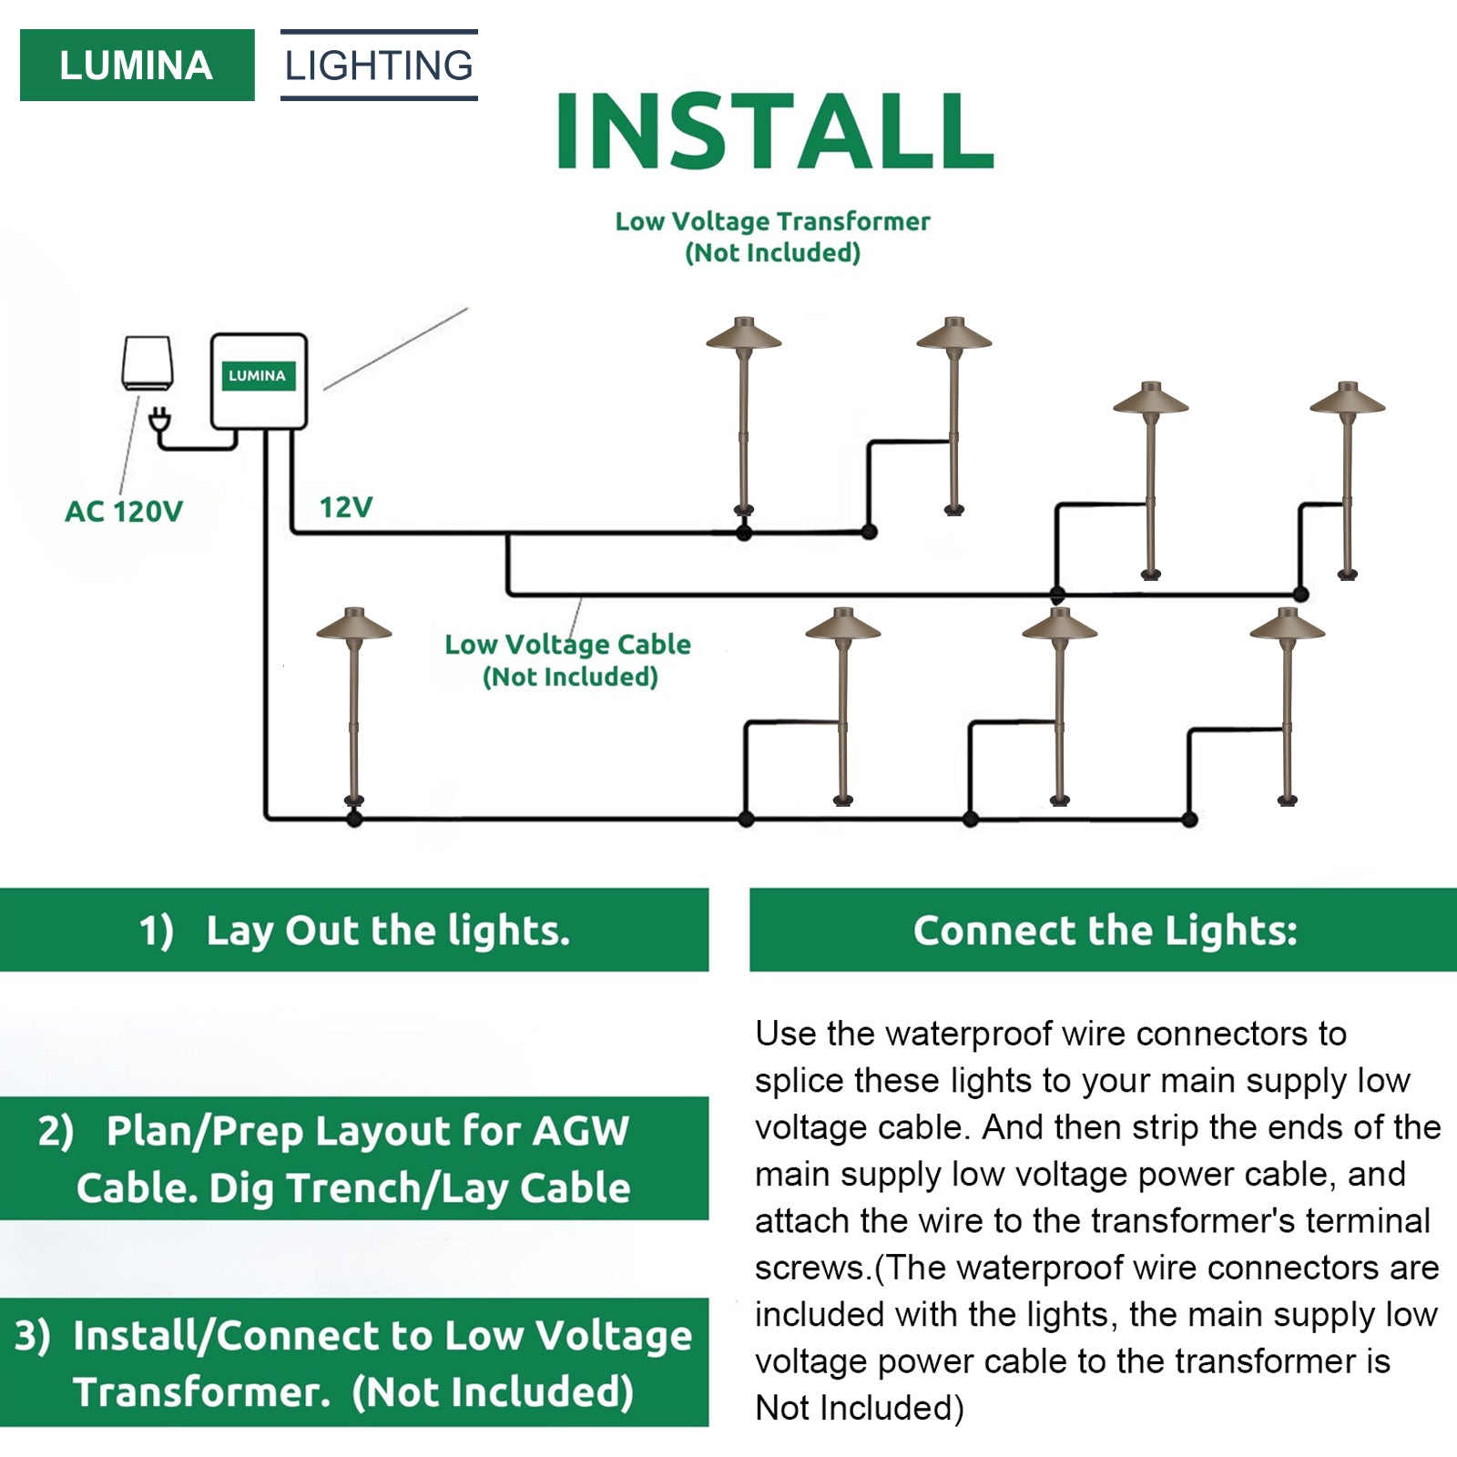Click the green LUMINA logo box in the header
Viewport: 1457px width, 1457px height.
(137, 66)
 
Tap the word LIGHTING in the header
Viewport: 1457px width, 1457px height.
(379, 66)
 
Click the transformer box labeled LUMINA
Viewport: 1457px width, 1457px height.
(259, 381)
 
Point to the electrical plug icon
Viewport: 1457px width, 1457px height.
(159, 421)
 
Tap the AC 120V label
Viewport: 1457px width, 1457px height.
(124, 512)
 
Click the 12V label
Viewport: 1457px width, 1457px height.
(346, 507)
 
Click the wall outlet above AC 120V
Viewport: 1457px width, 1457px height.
(148, 363)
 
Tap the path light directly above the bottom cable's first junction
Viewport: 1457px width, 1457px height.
(354, 706)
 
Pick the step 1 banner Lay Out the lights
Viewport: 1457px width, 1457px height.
(354, 930)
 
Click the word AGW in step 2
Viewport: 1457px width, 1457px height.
(580, 1131)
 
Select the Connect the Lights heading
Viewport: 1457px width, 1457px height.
(1105, 930)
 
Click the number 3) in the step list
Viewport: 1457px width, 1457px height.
(33, 1336)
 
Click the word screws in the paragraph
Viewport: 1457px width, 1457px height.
(810, 1268)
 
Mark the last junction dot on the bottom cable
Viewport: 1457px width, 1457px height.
(1189, 820)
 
